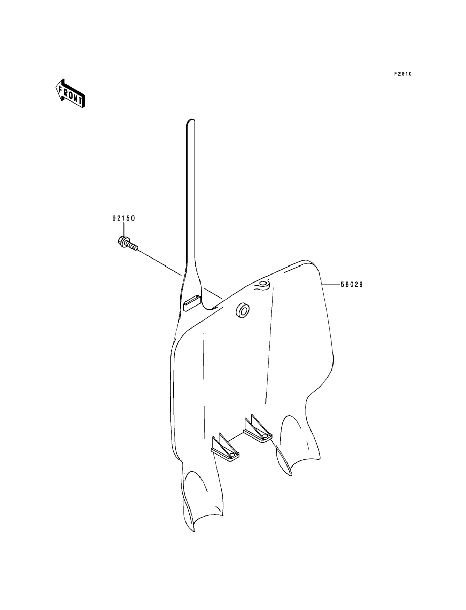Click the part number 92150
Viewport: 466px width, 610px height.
(123, 218)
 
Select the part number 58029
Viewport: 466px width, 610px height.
(352, 285)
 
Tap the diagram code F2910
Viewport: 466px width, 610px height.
(403, 74)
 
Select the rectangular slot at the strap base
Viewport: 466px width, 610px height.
(192, 303)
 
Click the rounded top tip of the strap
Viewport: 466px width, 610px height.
(190, 121)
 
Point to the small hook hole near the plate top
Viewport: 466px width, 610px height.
(262, 283)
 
